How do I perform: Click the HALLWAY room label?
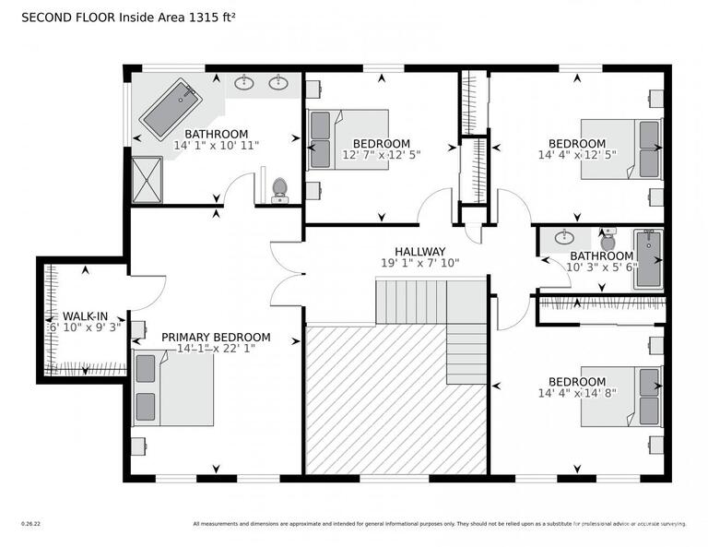pyautogui.click(x=419, y=251)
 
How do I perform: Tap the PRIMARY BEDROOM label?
pyautogui.click(x=216, y=337)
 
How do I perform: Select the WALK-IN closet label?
pyautogui.click(x=85, y=315)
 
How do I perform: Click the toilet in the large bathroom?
pyautogui.click(x=280, y=190)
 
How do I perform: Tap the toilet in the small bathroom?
pyautogui.click(x=608, y=241)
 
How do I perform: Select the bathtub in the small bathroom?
pyautogui.click(x=649, y=259)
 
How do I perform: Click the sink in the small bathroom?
pyautogui.click(x=564, y=238)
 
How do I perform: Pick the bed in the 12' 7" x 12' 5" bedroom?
pyautogui.click(x=348, y=140)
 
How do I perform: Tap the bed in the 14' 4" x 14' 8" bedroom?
pyautogui.click(x=622, y=397)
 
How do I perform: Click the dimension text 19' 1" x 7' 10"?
pyautogui.click(x=419, y=263)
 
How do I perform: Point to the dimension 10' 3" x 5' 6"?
pyautogui.click(x=600, y=268)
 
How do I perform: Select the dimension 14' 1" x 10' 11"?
pyautogui.click(x=217, y=145)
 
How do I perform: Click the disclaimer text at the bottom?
pyautogui.click(x=439, y=524)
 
